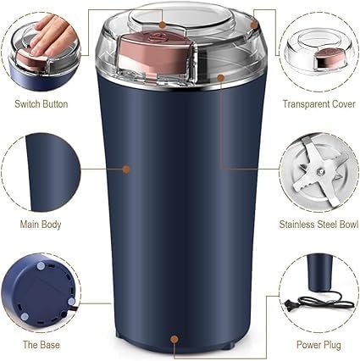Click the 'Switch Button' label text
pos(41,104)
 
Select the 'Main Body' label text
pos(41,225)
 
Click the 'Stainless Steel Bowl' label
pos(317,225)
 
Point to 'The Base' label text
pos(41,347)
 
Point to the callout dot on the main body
pos(126,169)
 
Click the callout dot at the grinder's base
pos(174,341)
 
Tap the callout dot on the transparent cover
pos(221,77)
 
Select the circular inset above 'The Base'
pos(40,292)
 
